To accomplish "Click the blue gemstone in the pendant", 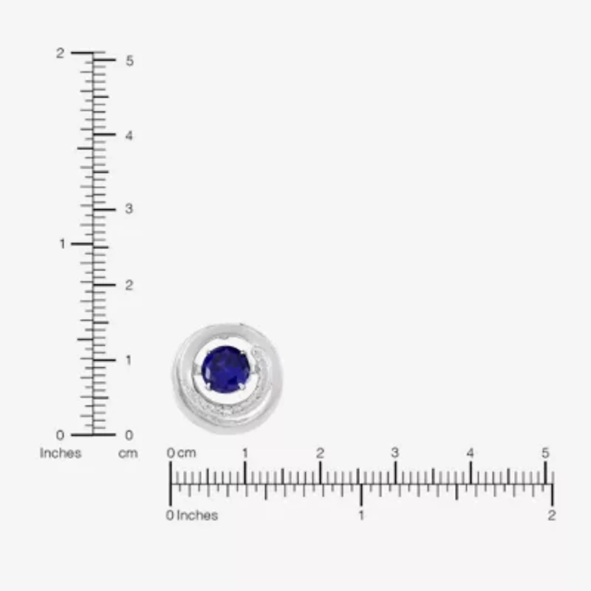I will click(226, 369).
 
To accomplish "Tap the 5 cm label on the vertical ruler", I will click(129, 61).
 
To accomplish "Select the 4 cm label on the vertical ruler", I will click(129, 136).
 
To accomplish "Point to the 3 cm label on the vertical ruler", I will click(129, 209).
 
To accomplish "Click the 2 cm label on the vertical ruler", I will click(129, 284).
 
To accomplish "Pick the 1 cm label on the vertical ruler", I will click(129, 360).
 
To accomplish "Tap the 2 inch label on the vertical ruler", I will click(61, 53).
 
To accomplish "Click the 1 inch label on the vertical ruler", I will click(62, 244).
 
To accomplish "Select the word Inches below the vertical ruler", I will click(61, 453).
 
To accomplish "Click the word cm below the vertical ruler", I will click(128, 453).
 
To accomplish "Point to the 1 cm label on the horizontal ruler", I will click(245, 453).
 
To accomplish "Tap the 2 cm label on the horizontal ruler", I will click(320, 453).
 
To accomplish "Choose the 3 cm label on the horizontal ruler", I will click(395, 453).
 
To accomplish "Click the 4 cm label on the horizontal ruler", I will click(471, 453).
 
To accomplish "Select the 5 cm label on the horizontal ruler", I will click(545, 453).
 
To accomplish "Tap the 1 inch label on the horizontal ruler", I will click(361, 515).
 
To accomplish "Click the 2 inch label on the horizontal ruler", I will click(551, 515).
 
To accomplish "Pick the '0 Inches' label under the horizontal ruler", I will click(192, 515).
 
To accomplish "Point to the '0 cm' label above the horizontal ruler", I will click(182, 453).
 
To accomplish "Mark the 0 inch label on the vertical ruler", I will click(60, 434).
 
